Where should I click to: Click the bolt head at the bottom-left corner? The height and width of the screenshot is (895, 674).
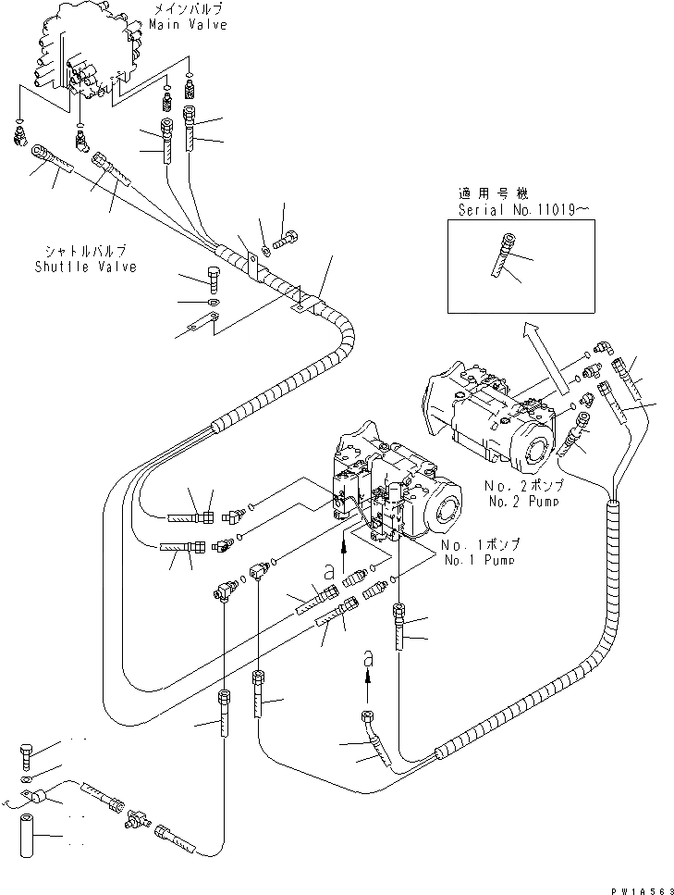click(x=25, y=755)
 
